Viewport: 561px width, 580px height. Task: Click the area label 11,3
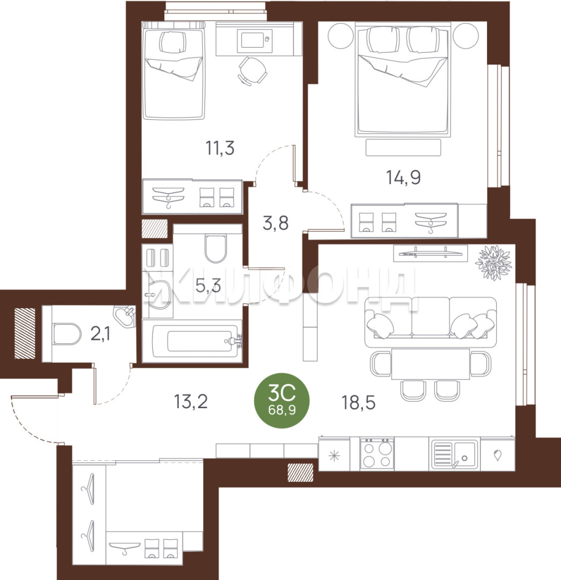click(220, 148)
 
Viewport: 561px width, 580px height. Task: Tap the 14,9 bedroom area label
click(404, 178)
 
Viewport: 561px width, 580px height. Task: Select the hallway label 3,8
click(275, 223)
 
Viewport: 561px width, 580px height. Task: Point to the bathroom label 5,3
click(208, 286)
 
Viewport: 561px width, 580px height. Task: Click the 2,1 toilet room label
click(100, 335)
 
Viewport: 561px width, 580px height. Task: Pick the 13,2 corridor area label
click(191, 402)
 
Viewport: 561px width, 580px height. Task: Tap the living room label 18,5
click(359, 402)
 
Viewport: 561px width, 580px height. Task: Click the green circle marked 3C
click(282, 401)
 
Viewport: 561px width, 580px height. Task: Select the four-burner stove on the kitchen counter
click(377, 453)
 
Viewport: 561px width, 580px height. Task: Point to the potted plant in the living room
click(494, 262)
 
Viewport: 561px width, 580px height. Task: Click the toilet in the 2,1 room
click(66, 334)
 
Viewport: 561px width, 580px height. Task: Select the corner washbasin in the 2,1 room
click(125, 316)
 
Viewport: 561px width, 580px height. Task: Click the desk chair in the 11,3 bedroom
click(252, 71)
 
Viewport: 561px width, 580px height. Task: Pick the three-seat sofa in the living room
click(431, 322)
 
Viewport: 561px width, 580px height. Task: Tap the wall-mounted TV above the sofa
click(430, 253)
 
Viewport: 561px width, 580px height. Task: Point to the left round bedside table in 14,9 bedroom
click(340, 35)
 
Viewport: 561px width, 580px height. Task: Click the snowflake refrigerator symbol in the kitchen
click(334, 456)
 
